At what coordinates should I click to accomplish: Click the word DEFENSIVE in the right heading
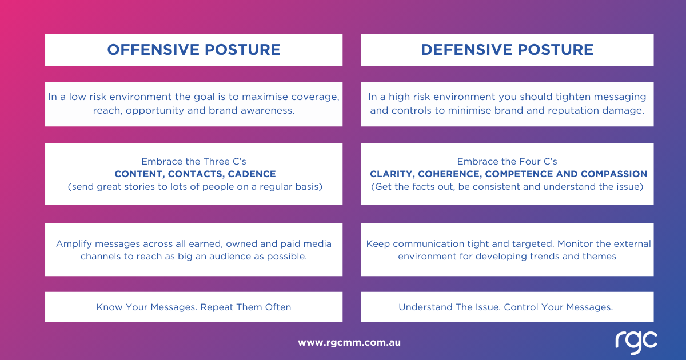[x=466, y=50]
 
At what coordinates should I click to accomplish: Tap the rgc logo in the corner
[x=636, y=342]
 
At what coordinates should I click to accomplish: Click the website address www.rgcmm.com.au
[x=349, y=342]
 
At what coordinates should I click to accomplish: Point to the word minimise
[x=469, y=110]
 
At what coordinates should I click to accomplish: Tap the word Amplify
[x=74, y=244]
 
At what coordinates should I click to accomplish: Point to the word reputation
[x=573, y=111]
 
